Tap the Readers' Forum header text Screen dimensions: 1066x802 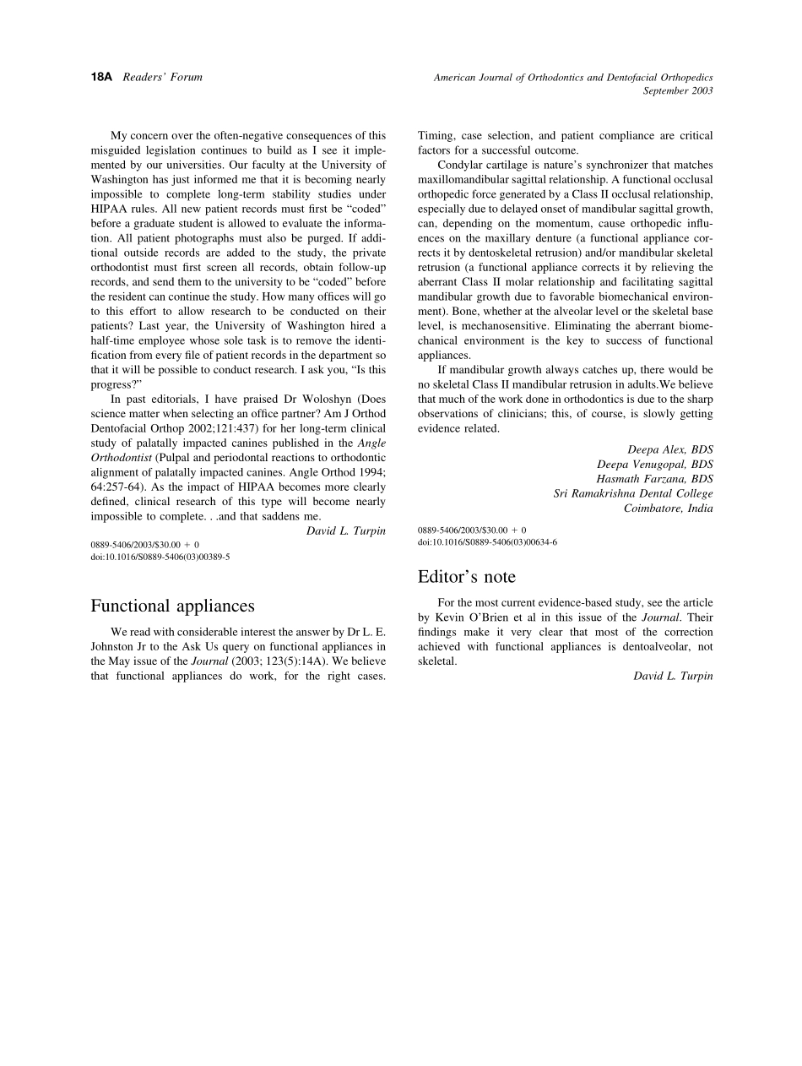[x=162, y=77]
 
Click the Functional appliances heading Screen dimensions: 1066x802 [x=172, y=606]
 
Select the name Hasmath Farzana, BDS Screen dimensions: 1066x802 [x=655, y=479]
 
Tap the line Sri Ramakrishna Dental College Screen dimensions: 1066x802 [x=633, y=493]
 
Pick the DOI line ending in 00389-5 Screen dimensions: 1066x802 [x=160, y=557]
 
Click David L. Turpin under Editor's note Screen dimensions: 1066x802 [x=673, y=676]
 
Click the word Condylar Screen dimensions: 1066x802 [x=462, y=165]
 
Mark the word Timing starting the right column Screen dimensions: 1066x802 [x=437, y=136]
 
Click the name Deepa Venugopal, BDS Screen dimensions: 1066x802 [x=655, y=465]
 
